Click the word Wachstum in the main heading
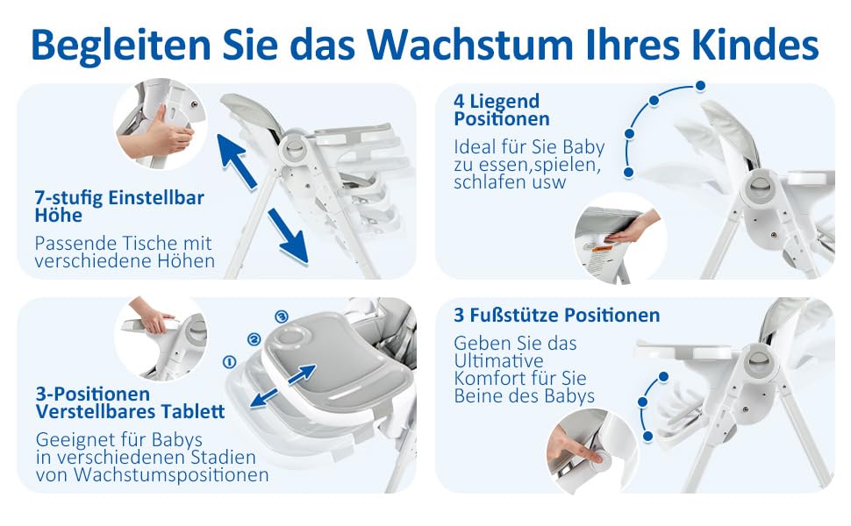click(x=469, y=45)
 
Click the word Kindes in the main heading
click(x=755, y=45)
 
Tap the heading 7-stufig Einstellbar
click(x=119, y=197)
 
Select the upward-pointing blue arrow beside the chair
click(x=237, y=161)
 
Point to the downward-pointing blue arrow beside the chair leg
click(x=288, y=237)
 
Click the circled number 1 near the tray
click(x=230, y=362)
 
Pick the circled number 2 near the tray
click(x=254, y=340)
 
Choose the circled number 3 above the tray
click(x=281, y=316)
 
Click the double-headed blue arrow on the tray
click(x=283, y=386)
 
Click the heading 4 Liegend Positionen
click(x=502, y=110)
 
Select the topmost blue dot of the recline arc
click(x=701, y=86)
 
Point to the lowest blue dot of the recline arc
click(x=629, y=173)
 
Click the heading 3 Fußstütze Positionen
click(x=557, y=315)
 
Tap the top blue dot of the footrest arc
click(x=663, y=376)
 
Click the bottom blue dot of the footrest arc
click(x=647, y=436)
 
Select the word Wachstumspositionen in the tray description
click(x=171, y=475)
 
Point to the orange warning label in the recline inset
click(x=602, y=249)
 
